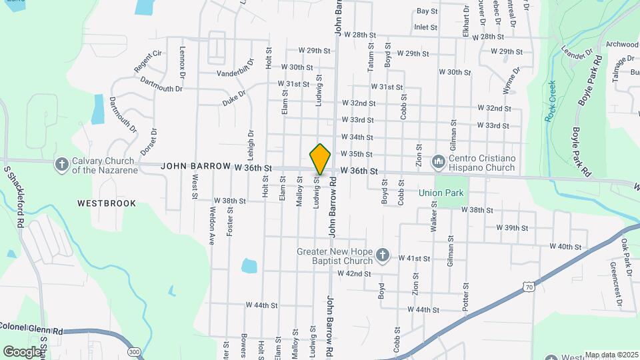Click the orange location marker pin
320,159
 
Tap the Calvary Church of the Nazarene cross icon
62,164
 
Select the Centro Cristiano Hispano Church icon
439,161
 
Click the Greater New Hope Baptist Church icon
383,255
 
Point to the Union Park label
441,193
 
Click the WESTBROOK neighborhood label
106,203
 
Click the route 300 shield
135,351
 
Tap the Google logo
21,351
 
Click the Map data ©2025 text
611,355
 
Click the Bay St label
427,11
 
